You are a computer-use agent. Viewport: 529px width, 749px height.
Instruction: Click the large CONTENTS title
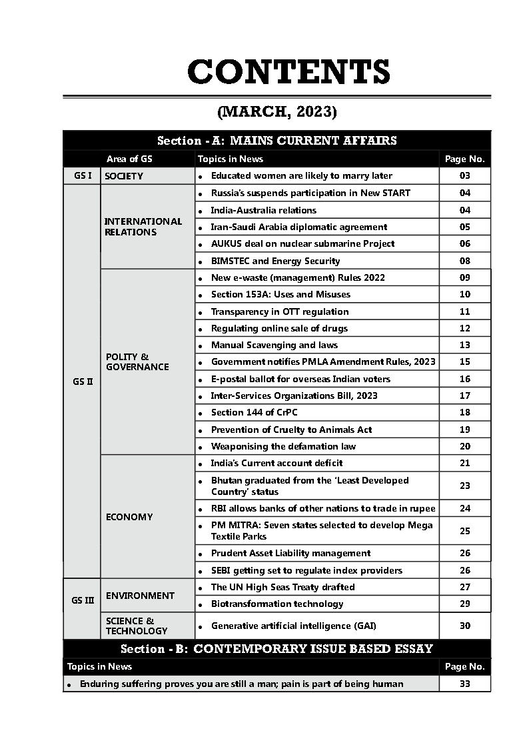pyautogui.click(x=288, y=72)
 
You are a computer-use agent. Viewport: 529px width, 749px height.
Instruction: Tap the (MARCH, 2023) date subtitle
pyautogui.click(x=276, y=111)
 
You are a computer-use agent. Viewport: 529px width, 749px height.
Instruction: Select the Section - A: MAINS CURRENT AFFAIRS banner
pyautogui.click(x=276, y=141)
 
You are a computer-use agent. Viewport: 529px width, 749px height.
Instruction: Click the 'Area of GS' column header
pyautogui.click(x=129, y=159)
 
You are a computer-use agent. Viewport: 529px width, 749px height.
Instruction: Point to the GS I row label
pyautogui.click(x=82, y=176)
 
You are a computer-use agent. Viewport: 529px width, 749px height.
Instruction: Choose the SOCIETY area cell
pyautogui.click(x=124, y=177)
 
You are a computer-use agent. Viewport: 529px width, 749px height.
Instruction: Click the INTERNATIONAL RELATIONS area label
pyautogui.click(x=143, y=227)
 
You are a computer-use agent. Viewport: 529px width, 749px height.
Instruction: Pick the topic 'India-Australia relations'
pyautogui.click(x=263, y=210)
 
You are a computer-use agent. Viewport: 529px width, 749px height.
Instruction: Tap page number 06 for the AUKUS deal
pyautogui.click(x=464, y=244)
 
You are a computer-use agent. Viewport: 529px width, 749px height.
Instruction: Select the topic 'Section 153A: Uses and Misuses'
pyautogui.click(x=280, y=294)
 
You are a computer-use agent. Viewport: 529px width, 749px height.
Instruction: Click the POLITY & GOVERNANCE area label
pyautogui.click(x=137, y=361)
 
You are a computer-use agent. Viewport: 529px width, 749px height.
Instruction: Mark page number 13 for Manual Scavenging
pyautogui.click(x=464, y=345)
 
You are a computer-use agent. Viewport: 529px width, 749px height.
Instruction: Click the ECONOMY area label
pyautogui.click(x=129, y=517)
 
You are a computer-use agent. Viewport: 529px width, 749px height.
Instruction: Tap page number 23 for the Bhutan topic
pyautogui.click(x=464, y=486)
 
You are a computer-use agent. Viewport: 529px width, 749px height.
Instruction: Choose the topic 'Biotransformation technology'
pyautogui.click(x=277, y=604)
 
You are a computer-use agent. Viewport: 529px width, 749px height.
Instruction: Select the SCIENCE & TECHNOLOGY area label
pyautogui.click(x=137, y=626)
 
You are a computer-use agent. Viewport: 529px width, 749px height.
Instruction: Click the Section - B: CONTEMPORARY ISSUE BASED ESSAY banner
pyautogui.click(x=276, y=649)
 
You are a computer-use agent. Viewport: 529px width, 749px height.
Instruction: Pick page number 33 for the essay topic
pyautogui.click(x=464, y=684)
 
